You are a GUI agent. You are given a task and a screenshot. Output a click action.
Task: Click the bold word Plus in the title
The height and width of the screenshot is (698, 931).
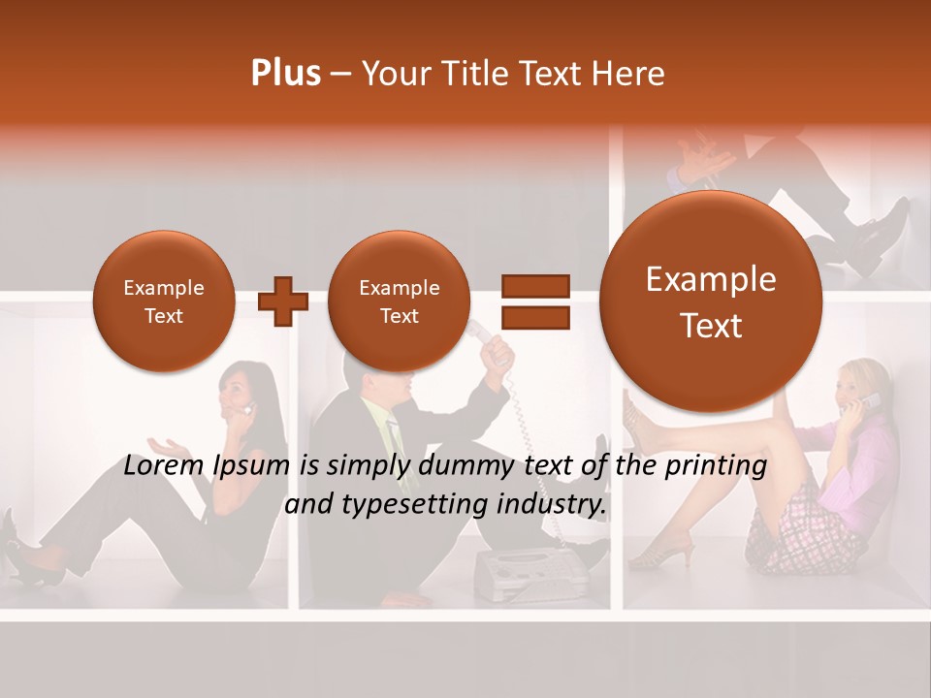285,74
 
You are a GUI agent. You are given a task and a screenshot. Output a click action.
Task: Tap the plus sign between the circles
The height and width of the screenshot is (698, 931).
282,301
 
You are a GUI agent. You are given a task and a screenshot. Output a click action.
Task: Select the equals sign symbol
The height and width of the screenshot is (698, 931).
534,301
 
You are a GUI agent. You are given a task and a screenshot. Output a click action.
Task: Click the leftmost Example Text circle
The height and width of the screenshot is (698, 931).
163,301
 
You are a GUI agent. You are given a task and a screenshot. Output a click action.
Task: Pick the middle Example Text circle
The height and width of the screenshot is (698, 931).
399,301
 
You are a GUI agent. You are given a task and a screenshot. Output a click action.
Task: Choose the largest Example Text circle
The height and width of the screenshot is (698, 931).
711,301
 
